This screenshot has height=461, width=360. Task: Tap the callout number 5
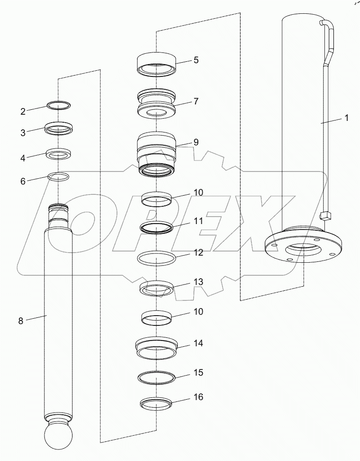click(x=196, y=60)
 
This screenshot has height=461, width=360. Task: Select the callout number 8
click(x=20, y=321)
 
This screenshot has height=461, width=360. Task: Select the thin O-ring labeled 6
click(x=59, y=177)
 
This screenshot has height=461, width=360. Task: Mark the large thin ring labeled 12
click(x=156, y=259)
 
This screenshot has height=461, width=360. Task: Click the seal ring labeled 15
click(x=156, y=377)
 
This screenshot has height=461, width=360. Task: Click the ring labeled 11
click(x=156, y=227)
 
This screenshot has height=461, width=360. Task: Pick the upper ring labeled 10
click(x=156, y=198)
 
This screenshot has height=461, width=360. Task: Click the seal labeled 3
click(x=59, y=129)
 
